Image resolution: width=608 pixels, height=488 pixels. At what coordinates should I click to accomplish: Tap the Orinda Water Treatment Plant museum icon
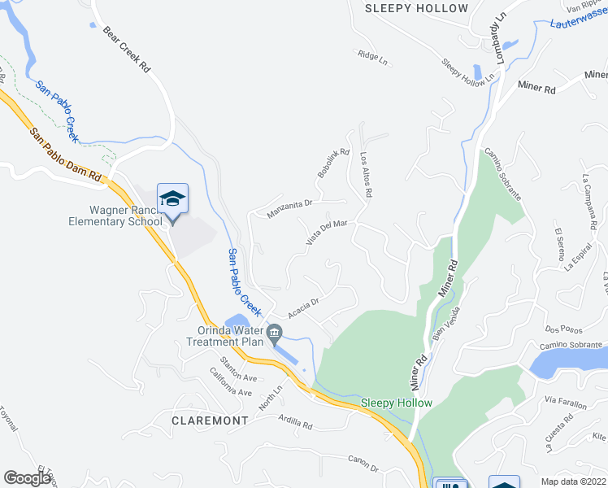(274, 332)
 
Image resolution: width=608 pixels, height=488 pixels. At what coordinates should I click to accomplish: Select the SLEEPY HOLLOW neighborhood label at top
(417, 8)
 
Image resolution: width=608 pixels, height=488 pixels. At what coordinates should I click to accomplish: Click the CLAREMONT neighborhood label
(210, 420)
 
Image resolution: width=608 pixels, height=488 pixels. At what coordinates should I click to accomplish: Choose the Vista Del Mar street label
(327, 232)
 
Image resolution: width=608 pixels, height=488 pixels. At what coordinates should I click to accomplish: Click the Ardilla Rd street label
(295, 422)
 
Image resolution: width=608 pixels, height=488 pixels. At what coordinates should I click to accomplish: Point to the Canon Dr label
(363, 465)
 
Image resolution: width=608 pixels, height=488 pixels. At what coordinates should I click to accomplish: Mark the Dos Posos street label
(562, 329)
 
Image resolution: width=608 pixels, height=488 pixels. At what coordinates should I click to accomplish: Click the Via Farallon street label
(564, 400)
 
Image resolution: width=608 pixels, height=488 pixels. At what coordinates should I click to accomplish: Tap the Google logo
(27, 478)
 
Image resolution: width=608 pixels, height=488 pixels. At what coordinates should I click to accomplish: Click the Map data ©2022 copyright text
(574, 481)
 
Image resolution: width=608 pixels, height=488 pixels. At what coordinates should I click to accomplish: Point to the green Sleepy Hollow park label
(397, 403)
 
